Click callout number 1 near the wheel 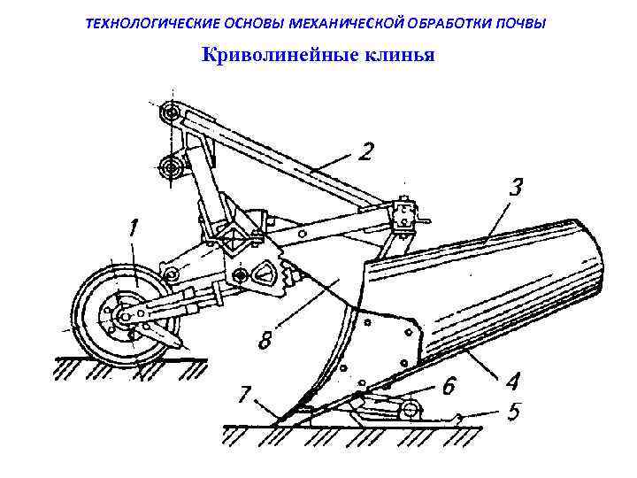(134, 229)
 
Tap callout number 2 (365, 152)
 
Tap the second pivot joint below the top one (170, 166)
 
